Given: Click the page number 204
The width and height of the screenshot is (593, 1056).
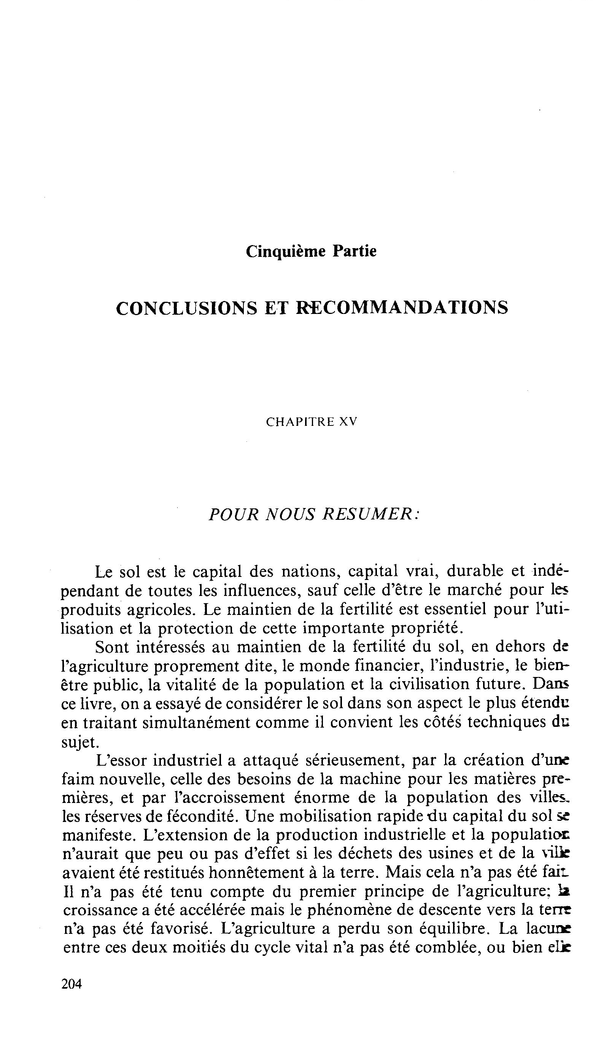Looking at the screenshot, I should coord(72,983).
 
